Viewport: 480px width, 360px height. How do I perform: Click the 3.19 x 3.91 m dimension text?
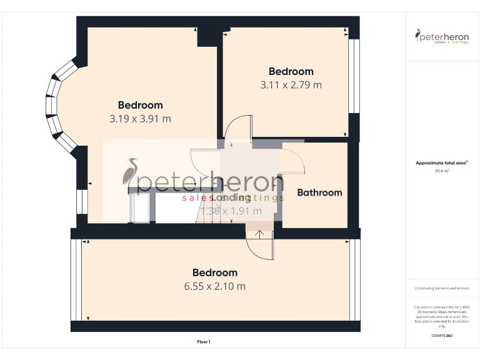140,118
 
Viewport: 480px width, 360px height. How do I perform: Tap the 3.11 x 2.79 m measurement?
291,84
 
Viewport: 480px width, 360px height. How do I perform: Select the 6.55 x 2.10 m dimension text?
214,286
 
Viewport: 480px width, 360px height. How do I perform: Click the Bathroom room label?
319,192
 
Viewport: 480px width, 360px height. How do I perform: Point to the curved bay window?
58,106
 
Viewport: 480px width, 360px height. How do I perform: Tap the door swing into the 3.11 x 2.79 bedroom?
237,128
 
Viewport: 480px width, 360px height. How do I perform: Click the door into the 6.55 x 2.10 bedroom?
261,247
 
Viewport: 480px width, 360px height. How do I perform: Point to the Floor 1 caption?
204,342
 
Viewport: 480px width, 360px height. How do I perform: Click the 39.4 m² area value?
442,171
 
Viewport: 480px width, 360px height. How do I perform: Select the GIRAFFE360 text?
442,336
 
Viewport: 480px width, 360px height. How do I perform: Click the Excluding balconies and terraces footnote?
442,288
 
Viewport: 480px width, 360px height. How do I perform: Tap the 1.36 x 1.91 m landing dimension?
231,211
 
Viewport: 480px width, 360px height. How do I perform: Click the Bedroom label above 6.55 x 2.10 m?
214,272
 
